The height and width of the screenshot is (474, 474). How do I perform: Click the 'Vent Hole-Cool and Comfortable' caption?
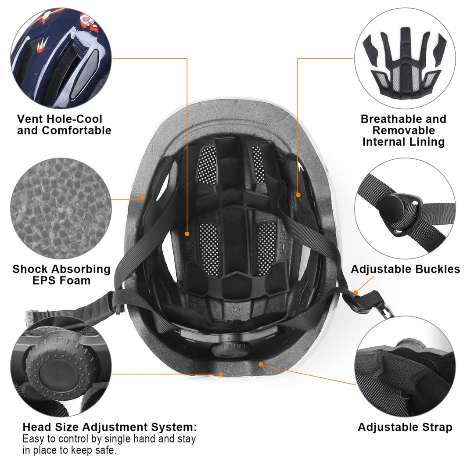click(x=64, y=125)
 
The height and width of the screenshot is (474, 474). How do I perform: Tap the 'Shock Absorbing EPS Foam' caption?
click(x=61, y=275)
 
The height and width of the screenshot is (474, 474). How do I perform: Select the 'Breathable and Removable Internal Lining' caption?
click(x=403, y=130)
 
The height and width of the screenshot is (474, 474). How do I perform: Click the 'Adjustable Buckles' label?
click(x=405, y=269)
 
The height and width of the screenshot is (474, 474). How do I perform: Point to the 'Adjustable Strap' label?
click(x=405, y=427)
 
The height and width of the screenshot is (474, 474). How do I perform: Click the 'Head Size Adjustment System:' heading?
click(x=110, y=427)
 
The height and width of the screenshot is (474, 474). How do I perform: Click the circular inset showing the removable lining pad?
click(x=405, y=58)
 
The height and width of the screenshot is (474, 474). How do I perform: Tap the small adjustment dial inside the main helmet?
click(x=226, y=349)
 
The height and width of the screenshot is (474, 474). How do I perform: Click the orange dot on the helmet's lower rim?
click(x=221, y=374)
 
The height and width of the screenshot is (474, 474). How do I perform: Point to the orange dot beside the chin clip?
click(x=356, y=292)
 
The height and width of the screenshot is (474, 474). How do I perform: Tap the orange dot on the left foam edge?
click(x=143, y=197)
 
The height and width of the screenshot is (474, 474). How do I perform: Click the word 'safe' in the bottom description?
click(x=106, y=450)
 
